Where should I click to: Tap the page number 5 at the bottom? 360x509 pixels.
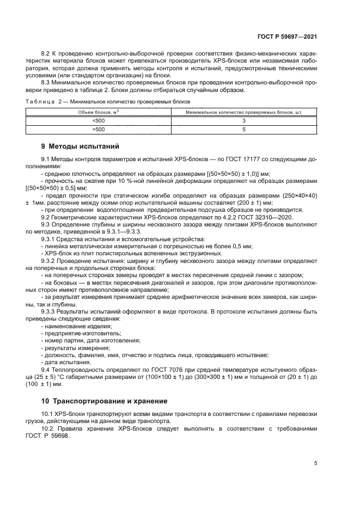pos(315,463)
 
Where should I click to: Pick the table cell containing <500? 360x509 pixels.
pos(99,120)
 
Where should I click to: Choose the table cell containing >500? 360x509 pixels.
pos(99,130)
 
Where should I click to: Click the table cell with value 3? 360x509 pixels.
pos(244,120)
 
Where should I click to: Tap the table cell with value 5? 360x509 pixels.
pos(244,130)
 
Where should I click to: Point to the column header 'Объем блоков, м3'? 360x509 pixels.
pos(99,112)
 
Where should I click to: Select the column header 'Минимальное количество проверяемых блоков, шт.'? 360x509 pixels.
pos(244,112)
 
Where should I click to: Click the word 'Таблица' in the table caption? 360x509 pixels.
pos(40,102)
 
